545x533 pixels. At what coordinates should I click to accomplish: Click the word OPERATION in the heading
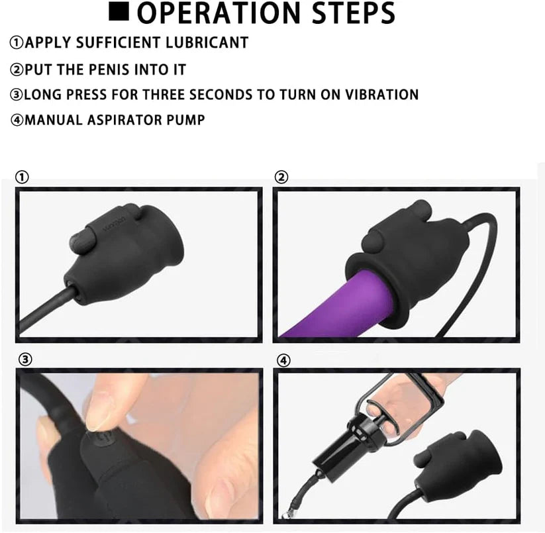pos(219,13)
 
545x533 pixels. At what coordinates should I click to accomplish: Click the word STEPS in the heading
pos(354,13)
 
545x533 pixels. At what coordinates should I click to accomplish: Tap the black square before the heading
pos(119,11)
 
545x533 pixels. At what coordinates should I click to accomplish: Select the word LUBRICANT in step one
pos(207,42)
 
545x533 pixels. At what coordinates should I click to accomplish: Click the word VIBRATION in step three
pos(381,95)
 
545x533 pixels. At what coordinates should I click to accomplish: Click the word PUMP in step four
pos(186,120)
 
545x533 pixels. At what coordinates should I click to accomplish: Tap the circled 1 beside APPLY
pos(17,43)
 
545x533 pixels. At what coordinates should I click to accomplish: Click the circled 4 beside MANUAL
pos(17,121)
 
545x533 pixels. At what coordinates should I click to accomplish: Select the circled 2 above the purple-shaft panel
pos(281,177)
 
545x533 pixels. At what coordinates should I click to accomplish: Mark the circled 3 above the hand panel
pos(25,360)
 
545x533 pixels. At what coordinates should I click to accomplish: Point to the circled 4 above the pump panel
pos(283,361)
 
